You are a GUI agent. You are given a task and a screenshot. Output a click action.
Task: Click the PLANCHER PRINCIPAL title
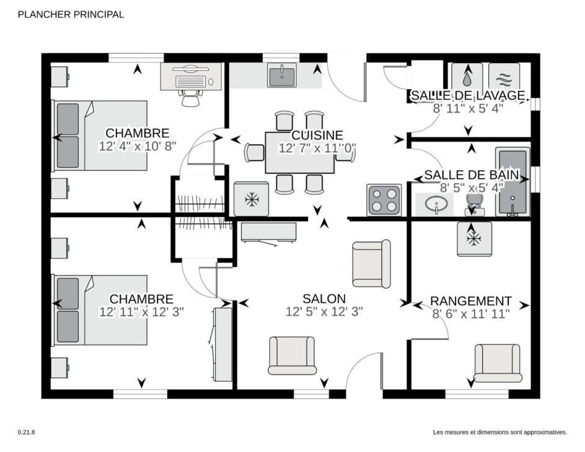point(71,14)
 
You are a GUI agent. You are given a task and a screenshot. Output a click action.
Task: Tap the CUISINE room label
point(317,135)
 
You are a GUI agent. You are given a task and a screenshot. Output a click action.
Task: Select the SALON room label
point(324,298)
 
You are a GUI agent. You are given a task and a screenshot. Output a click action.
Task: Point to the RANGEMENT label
point(471,301)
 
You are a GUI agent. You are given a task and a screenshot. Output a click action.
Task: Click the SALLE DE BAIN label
point(472,175)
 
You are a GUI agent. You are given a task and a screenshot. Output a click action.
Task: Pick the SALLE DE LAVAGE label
point(468,95)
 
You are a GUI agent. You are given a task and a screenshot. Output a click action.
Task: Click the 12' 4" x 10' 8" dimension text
point(138,146)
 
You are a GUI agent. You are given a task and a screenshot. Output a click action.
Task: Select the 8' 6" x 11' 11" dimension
point(471,314)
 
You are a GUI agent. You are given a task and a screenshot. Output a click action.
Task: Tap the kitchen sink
point(282,75)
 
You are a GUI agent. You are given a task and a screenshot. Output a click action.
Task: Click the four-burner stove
point(384,200)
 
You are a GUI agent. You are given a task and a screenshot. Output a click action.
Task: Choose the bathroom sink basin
point(436,204)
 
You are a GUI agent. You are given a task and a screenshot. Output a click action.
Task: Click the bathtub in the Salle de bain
point(512,181)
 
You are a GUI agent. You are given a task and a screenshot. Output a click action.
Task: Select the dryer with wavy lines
point(504,77)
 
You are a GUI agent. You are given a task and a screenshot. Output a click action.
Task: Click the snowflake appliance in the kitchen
point(252,199)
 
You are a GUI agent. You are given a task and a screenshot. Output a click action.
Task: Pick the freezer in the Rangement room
point(475,239)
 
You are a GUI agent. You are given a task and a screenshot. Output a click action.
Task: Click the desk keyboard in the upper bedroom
point(190,82)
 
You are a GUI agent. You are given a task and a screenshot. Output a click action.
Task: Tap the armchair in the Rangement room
point(498,363)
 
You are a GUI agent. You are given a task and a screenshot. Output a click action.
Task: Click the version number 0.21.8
point(26,432)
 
